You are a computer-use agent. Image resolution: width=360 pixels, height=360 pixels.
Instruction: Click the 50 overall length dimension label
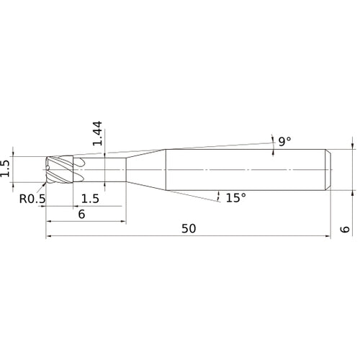(189, 228)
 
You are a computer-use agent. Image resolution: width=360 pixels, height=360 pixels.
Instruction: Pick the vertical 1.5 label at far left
(6, 168)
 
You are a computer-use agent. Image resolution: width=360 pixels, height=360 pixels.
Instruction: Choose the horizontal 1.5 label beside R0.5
(90, 198)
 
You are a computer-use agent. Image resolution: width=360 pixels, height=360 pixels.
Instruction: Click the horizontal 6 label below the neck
(81, 215)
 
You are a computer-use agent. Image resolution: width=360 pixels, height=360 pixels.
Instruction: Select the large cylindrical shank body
(245, 168)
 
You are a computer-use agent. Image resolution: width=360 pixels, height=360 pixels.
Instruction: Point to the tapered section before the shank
(148, 168)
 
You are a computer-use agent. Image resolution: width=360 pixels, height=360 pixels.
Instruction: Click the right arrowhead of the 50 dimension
(328, 235)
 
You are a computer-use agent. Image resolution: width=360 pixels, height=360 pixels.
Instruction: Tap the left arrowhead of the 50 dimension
(49, 235)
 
